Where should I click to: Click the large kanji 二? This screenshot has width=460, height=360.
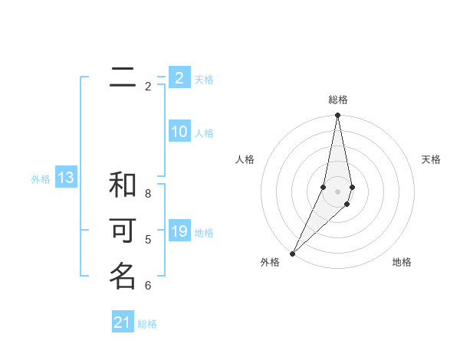(123, 77)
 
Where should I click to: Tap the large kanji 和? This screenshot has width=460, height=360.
(123, 185)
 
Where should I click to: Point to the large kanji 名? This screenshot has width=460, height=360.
(123, 276)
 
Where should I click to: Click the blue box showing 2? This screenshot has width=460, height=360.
(179, 78)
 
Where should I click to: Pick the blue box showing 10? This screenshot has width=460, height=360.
(179, 132)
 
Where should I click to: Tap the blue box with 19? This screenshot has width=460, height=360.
(179, 231)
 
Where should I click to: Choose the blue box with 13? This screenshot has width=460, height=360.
(66, 178)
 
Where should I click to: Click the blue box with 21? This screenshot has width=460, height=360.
(123, 322)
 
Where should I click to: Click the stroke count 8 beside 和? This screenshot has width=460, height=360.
(148, 194)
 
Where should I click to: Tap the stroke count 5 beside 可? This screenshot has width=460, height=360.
(148, 240)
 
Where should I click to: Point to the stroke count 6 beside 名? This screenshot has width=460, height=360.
(148, 286)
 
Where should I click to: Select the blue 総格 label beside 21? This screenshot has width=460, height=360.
(147, 324)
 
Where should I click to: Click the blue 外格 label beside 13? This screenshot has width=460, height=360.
(41, 179)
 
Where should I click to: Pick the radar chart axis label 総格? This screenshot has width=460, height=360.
(337, 100)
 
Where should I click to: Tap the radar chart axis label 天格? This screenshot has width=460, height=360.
(431, 159)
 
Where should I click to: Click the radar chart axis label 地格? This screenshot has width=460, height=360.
(402, 262)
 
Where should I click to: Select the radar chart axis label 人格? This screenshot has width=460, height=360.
(245, 159)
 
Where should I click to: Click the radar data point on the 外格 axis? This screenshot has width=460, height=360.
(292, 253)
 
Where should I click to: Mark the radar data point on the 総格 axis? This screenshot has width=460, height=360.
(337, 116)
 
